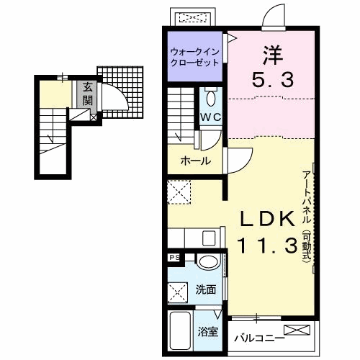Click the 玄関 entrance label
coord(88,94)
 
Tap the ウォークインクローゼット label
coord(194,57)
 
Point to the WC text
coord(210,117)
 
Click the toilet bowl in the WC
coord(211,98)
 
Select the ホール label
coord(196,161)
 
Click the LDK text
coord(268,218)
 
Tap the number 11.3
coord(268,245)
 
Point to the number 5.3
coord(273,80)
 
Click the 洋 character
coord(273,55)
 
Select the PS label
coord(174,258)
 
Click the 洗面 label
coord(206,289)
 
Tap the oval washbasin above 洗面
coord(208,262)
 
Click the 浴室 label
coord(208,332)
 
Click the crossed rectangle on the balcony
coord(297,330)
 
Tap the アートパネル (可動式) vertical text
coord(307,216)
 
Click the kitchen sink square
coord(209,238)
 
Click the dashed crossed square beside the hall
coord(179,192)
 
